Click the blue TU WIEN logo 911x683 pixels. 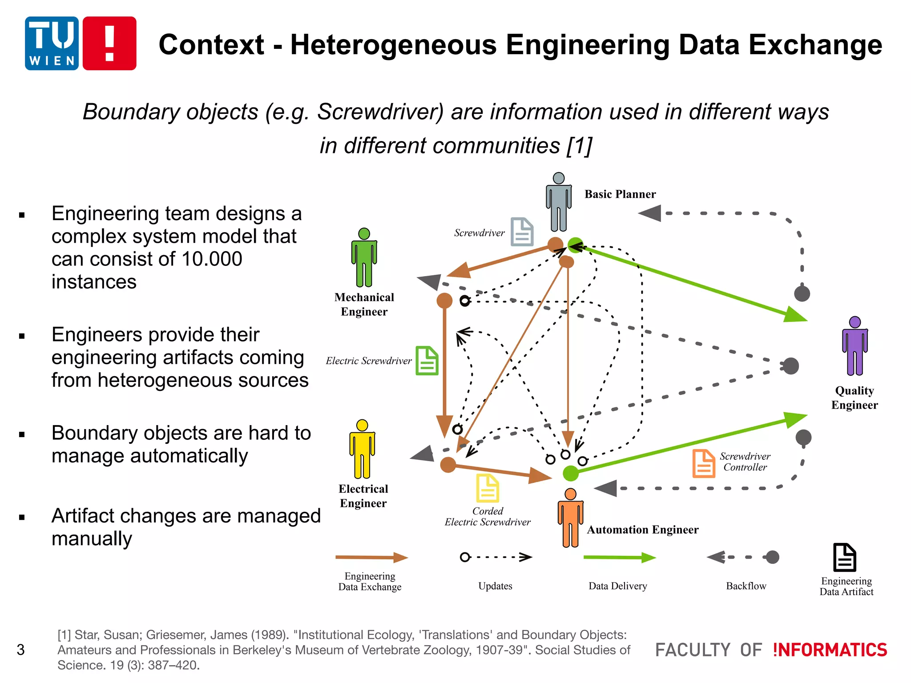[x=52, y=43]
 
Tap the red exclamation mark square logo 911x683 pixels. [x=109, y=43]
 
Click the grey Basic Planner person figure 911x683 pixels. [x=558, y=202]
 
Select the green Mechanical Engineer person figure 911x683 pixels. [x=364, y=258]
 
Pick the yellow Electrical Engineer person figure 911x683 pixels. [x=362, y=449]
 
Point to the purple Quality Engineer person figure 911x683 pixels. [x=855, y=346]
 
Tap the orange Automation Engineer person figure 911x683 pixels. [x=570, y=518]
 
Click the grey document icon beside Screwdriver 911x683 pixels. [x=522, y=232]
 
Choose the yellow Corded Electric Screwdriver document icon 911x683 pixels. [x=488, y=488]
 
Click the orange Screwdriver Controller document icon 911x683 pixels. [x=704, y=463]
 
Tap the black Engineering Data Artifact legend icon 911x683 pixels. [x=844, y=557]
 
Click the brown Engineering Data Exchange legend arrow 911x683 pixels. [x=371, y=557]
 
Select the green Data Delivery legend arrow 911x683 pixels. [x=619, y=557]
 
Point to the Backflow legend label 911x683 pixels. [x=746, y=586]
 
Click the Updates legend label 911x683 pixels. [x=495, y=586]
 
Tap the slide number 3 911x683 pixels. [x=20, y=650]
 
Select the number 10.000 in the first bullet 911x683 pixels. [x=212, y=259]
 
